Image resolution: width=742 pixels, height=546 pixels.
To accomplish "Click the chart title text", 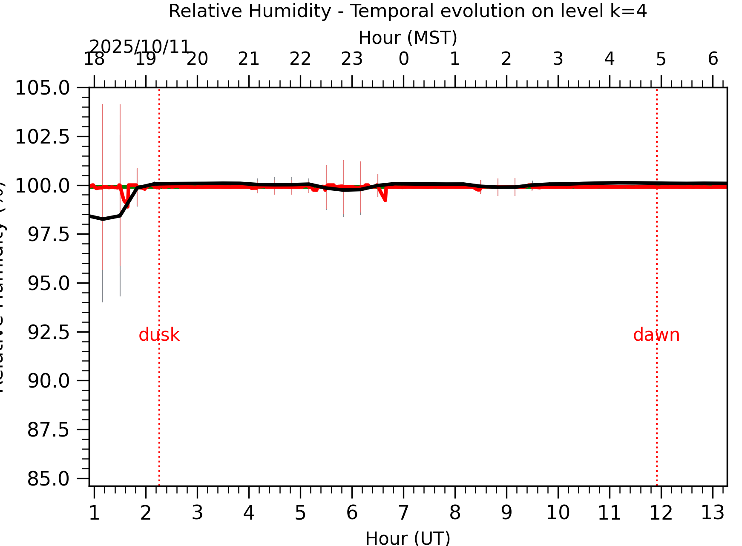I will [x=408, y=11].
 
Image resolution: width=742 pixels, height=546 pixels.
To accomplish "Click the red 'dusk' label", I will [x=159, y=335].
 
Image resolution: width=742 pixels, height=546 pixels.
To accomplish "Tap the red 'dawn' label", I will [x=656, y=335].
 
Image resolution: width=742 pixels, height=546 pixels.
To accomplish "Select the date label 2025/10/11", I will [x=139, y=46].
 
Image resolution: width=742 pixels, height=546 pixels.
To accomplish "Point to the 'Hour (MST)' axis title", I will [x=408, y=38].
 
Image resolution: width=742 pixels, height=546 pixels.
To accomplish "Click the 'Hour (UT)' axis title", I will [x=408, y=538].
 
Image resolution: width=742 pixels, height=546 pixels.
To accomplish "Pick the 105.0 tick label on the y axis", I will [x=42, y=88].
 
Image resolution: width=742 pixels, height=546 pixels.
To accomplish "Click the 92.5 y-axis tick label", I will [x=48, y=332].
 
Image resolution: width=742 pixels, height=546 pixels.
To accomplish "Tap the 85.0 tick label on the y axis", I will [x=48, y=479].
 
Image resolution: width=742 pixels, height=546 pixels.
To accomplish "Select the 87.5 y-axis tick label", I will [x=48, y=430].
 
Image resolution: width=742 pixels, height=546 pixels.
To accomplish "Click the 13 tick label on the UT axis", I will [x=713, y=513].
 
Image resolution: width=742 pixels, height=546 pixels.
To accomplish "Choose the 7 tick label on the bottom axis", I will [x=403, y=513].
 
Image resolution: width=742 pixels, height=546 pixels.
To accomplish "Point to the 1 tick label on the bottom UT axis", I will [x=94, y=513].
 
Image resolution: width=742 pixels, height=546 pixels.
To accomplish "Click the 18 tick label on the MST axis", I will [x=94, y=59].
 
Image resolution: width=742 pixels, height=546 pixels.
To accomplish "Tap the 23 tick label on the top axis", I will [x=352, y=59].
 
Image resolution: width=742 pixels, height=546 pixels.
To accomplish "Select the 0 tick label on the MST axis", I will [x=403, y=59].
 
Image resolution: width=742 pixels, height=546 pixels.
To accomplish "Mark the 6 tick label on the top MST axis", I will [x=713, y=59].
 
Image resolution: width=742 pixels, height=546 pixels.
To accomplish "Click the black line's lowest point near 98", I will [x=103, y=219].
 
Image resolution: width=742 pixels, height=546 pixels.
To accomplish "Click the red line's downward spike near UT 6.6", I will [x=385, y=199].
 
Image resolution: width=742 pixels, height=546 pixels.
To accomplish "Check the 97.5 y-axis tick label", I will [x=48, y=234].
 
